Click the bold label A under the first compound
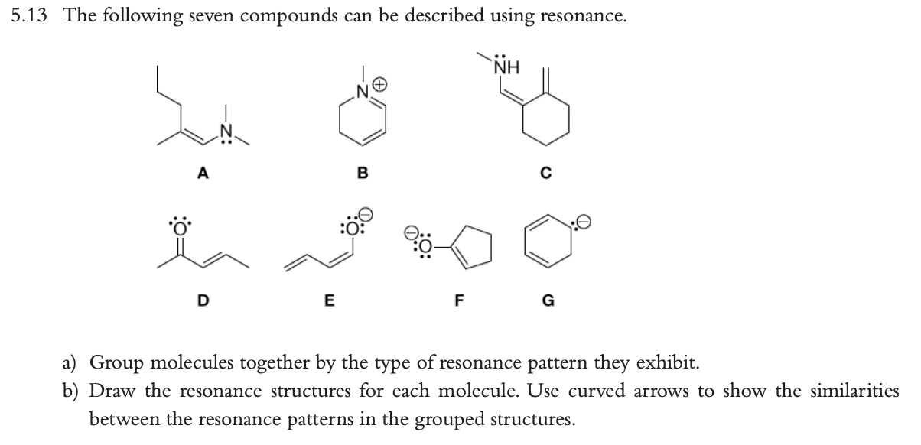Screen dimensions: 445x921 pyautogui.click(x=202, y=173)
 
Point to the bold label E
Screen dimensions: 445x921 pyautogui.click(x=328, y=299)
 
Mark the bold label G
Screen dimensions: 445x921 pyautogui.click(x=548, y=299)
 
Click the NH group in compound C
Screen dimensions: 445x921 pyautogui.click(x=506, y=68)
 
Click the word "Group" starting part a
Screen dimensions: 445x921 pyautogui.click(x=122, y=362)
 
